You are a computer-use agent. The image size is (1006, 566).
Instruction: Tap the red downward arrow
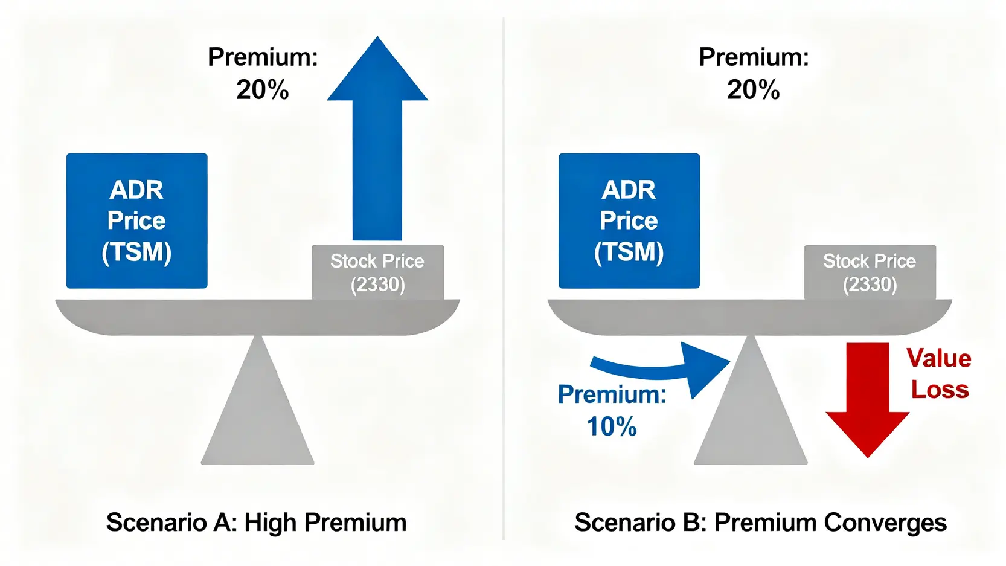(x=868, y=400)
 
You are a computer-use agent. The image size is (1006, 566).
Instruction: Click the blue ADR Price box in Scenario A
(x=137, y=220)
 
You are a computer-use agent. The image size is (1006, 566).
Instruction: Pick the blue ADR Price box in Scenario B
(x=629, y=220)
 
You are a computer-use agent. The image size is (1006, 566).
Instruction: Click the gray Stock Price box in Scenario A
(x=377, y=272)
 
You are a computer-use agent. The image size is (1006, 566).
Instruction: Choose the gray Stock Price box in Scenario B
(x=870, y=272)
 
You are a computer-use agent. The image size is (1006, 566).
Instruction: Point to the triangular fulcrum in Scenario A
(x=257, y=400)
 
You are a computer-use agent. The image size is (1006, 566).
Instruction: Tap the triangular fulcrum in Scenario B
(x=751, y=400)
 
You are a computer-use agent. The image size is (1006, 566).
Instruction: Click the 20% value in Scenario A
(x=263, y=90)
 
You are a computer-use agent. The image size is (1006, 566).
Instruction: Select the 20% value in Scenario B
(x=754, y=90)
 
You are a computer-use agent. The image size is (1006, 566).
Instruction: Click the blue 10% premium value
(x=612, y=426)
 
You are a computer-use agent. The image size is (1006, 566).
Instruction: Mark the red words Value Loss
(x=939, y=374)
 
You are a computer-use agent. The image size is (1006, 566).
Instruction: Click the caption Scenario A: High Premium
(x=257, y=523)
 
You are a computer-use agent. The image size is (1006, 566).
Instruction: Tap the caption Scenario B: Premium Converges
(x=760, y=523)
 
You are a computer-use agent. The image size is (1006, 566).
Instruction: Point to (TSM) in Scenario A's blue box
(x=136, y=251)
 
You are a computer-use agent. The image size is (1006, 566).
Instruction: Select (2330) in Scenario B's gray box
(x=870, y=285)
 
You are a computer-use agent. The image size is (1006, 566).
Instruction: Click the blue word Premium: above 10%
(x=612, y=394)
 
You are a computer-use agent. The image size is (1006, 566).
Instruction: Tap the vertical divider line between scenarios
(x=504, y=278)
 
